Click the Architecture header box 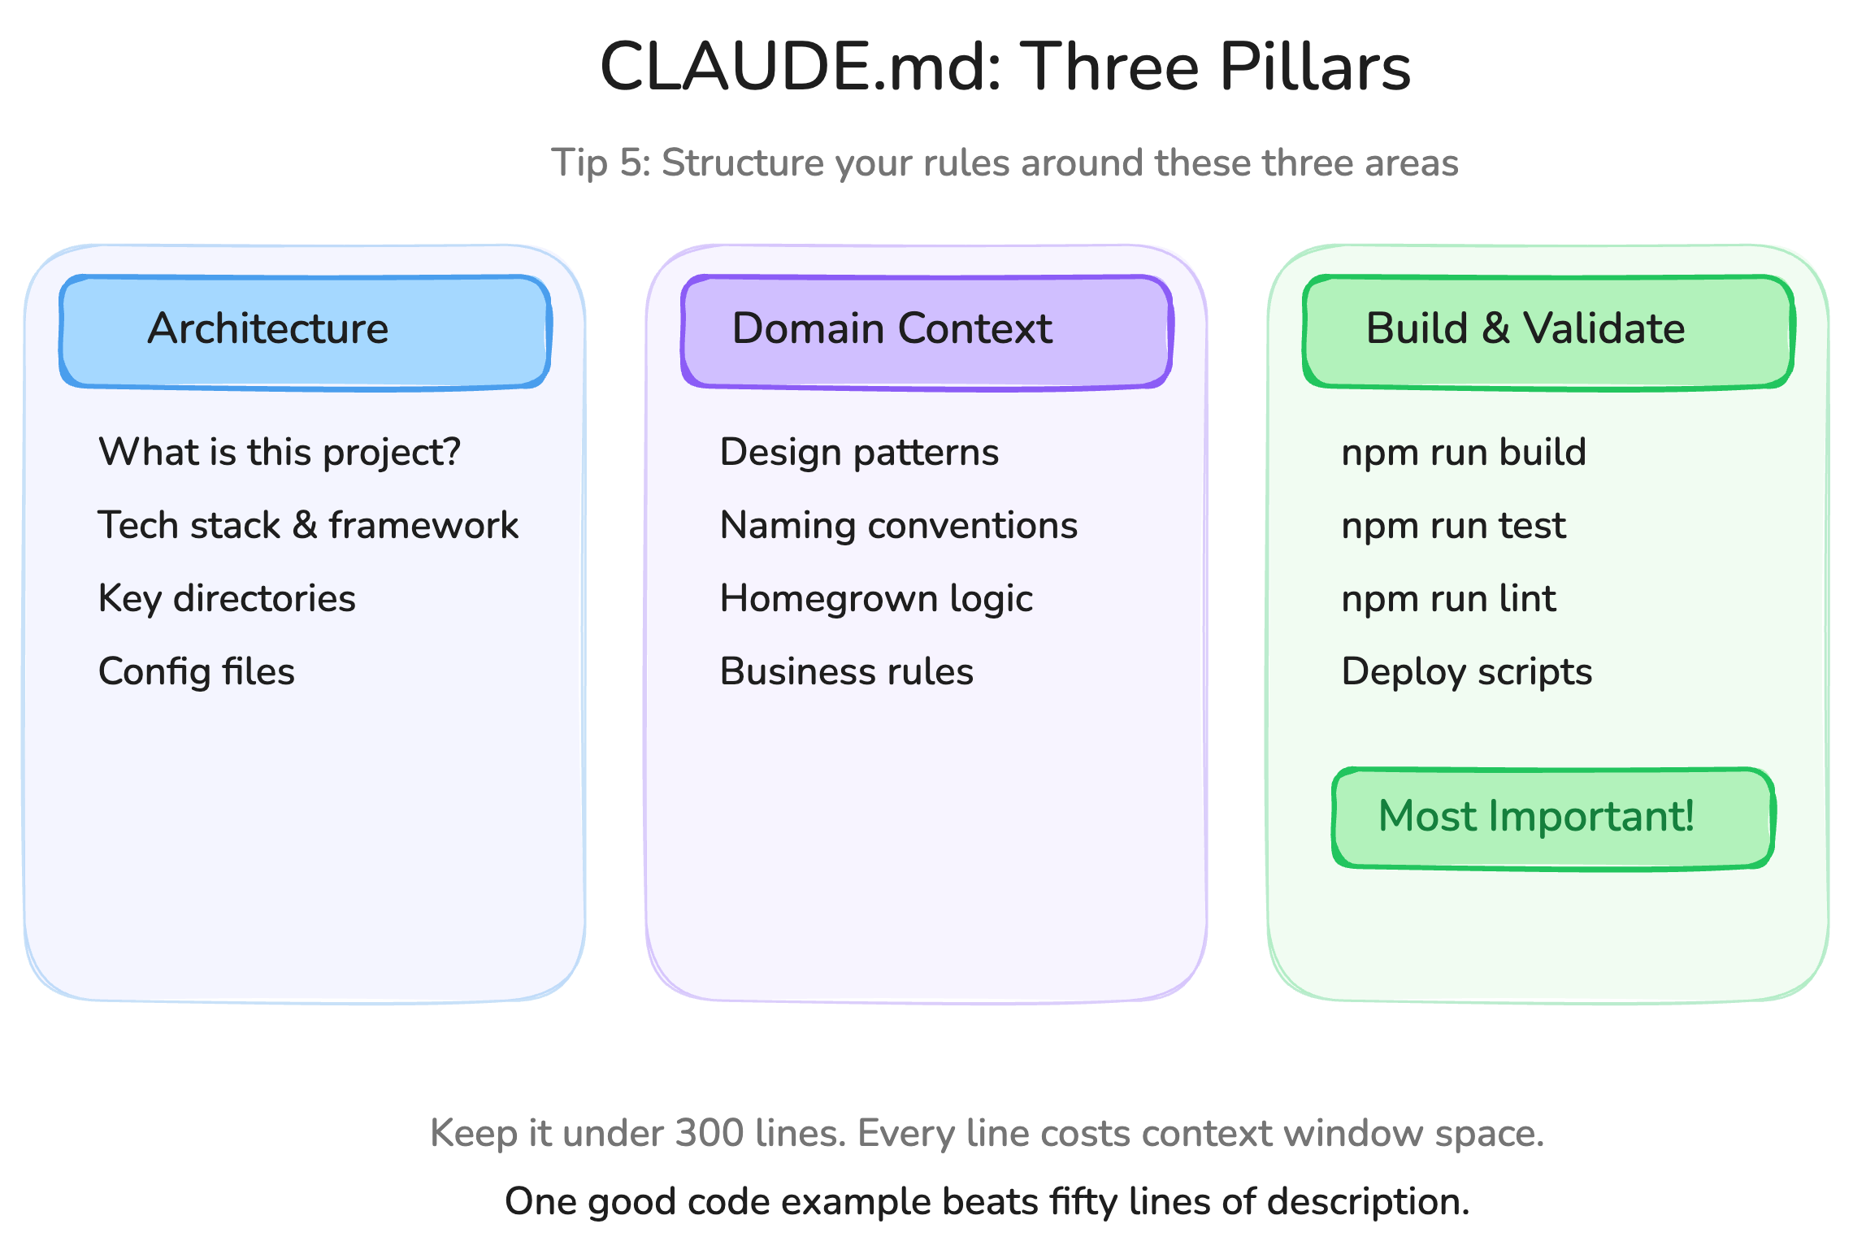(x=306, y=332)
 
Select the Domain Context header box (x=926, y=332)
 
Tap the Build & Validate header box (x=1548, y=332)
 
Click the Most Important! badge (x=1552, y=818)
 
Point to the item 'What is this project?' (x=280, y=452)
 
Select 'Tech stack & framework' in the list (x=308, y=525)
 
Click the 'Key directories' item (x=227, y=599)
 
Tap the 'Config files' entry (x=197, y=672)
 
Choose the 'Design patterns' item (x=859, y=452)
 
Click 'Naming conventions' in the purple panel (x=899, y=525)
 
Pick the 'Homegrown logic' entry (x=876, y=599)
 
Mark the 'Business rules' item (x=847, y=672)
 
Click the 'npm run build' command (x=1464, y=452)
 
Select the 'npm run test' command (x=1453, y=525)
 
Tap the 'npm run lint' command (x=1448, y=599)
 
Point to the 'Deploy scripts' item (x=1467, y=672)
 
